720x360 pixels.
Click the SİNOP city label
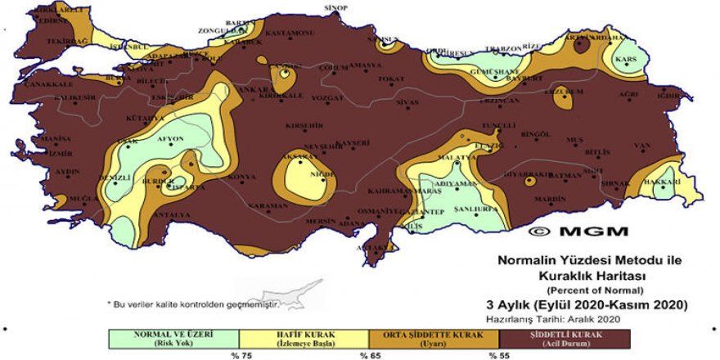336,7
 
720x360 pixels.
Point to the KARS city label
627,61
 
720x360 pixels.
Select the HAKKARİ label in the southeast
663,181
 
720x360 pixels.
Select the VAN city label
641,146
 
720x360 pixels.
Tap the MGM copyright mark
577,232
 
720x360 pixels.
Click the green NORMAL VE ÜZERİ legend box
173,340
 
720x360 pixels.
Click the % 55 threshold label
499,356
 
